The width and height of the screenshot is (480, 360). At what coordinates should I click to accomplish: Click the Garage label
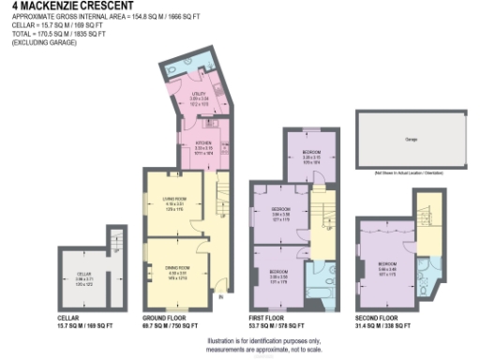pos(410,137)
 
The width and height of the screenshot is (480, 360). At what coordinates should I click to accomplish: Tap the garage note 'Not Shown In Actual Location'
pos(409,174)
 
